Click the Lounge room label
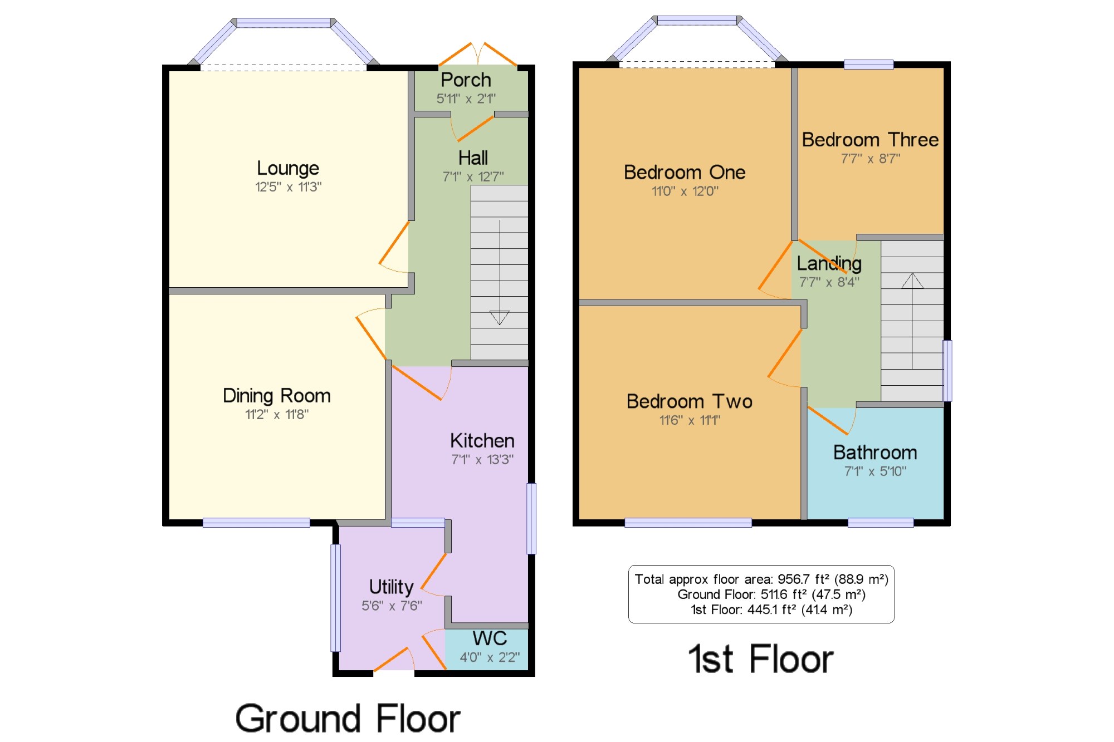tap(288, 168)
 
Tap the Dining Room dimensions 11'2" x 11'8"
tap(277, 414)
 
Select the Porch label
tap(466, 80)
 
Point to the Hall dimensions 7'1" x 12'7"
tap(473, 176)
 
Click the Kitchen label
tap(482, 440)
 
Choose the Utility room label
tap(392, 587)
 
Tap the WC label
tap(490, 638)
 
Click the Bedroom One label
tap(685, 172)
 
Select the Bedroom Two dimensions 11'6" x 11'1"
tap(690, 420)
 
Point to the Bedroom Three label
tap(870, 139)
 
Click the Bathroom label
tap(875, 452)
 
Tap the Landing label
tap(829, 263)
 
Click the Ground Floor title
tap(348, 718)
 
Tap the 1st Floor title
tap(761, 659)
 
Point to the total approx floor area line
tap(761, 579)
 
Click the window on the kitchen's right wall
tap(531, 518)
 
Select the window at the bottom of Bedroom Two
tap(688, 522)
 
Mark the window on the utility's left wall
tap(335, 598)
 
